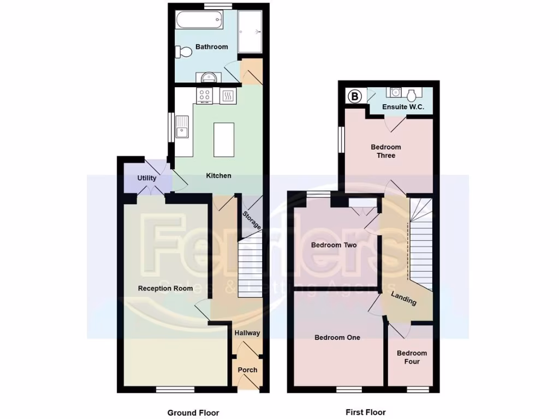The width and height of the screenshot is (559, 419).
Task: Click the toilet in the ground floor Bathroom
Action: (x=183, y=52)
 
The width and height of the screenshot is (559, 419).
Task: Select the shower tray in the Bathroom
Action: (x=251, y=32)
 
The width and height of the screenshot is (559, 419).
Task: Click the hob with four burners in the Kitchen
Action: (x=205, y=96)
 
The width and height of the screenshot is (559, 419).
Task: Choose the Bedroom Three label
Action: (x=386, y=151)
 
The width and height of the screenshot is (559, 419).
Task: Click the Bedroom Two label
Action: (x=334, y=245)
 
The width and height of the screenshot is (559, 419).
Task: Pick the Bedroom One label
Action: (x=337, y=338)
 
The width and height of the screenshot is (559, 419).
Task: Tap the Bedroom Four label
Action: (x=412, y=357)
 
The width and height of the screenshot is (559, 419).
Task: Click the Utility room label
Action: (x=147, y=178)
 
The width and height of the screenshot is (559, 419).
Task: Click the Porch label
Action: (x=247, y=370)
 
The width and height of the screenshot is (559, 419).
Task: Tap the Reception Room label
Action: (x=165, y=288)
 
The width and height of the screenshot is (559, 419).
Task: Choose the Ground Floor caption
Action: (x=193, y=412)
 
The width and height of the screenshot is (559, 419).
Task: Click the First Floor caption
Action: (x=365, y=412)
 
